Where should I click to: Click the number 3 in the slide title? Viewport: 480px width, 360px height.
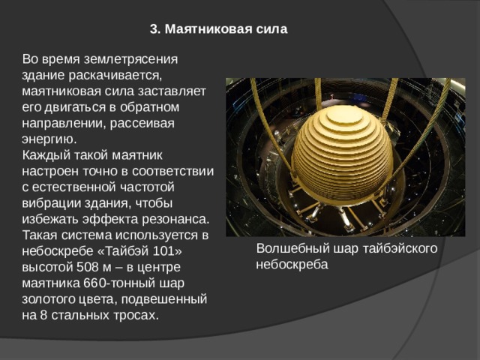coord(153,30)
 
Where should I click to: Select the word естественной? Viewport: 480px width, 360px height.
coord(73,187)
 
